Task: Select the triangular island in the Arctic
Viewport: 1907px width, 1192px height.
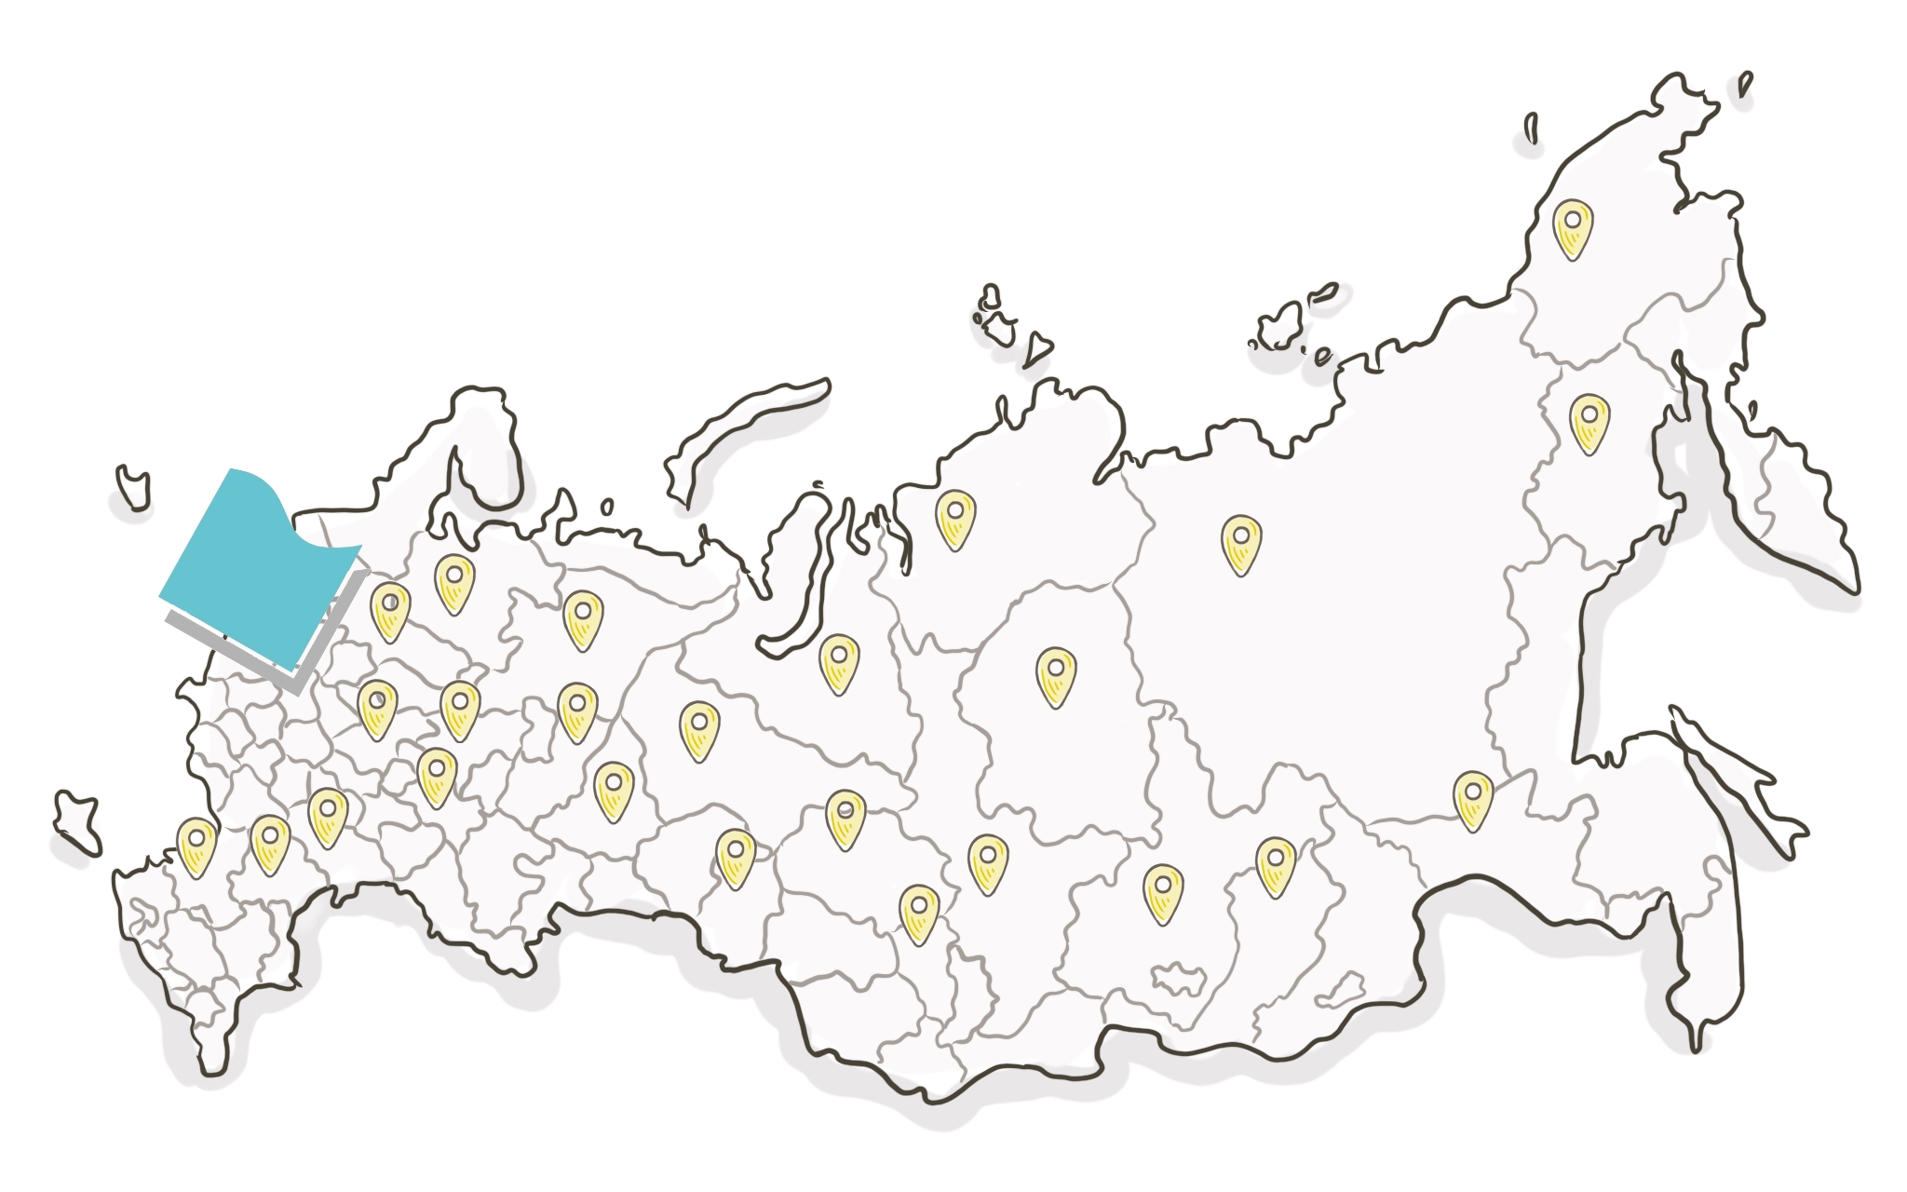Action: tap(1036, 350)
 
